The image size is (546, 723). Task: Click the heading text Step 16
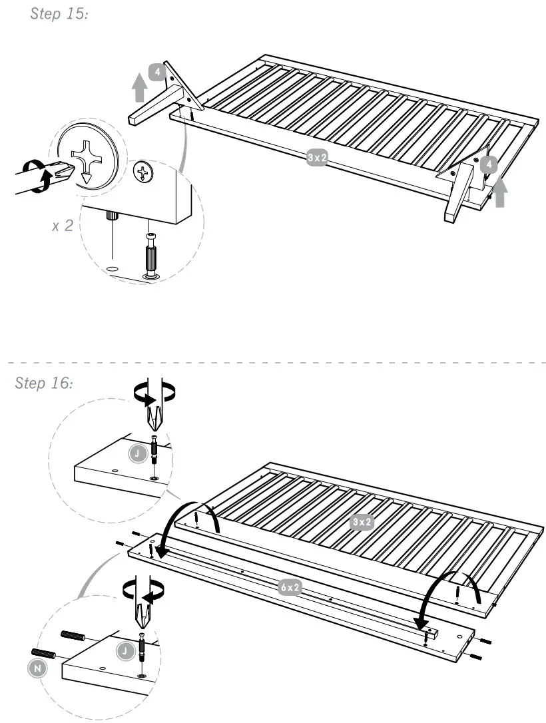[43, 383]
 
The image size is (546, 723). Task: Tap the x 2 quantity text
[64, 225]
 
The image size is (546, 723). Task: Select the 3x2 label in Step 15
[317, 158]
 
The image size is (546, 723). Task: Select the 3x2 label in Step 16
[362, 523]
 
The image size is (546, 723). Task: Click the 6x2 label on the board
[290, 587]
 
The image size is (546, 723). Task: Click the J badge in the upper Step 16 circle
[136, 454]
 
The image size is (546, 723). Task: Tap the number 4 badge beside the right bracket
[490, 163]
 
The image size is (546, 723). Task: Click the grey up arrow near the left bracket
[139, 87]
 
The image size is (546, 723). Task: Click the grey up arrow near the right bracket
[501, 192]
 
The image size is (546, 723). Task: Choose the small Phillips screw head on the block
[143, 173]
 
